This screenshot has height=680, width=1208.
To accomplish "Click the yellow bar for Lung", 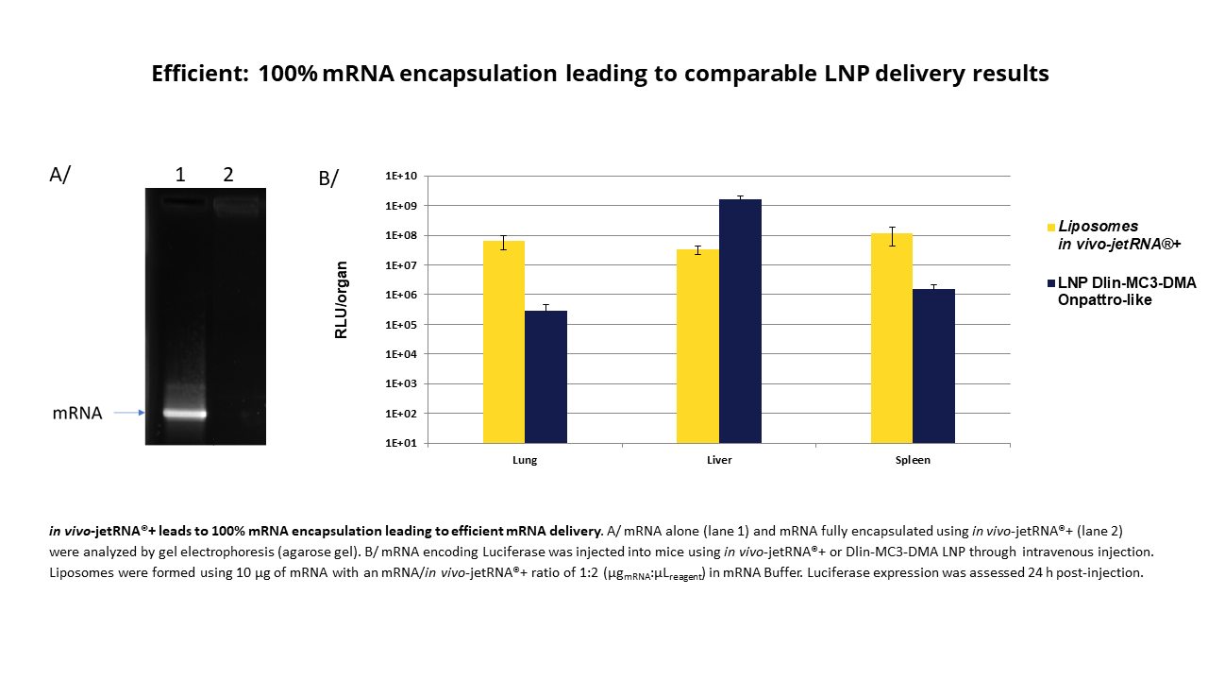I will point(504,342).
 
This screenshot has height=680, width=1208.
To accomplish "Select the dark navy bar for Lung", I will point(546,377).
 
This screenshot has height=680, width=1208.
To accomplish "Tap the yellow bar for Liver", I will point(698,346).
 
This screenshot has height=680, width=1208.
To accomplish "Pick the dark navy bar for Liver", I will point(740,321).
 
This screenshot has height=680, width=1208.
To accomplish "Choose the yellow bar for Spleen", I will point(892,338).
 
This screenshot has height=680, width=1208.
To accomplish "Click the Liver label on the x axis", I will point(719,461).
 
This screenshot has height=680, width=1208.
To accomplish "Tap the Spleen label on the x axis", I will point(914,461).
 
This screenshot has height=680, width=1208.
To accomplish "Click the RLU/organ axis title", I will point(343,298).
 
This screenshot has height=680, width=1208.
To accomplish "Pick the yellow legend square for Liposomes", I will point(1050,227).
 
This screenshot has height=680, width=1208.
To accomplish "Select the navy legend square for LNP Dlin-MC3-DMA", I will point(1050,282).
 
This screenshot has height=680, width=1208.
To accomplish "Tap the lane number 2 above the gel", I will point(228,174).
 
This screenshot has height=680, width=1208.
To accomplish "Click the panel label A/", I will point(59,175).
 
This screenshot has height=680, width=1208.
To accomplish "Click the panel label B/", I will point(328,177).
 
